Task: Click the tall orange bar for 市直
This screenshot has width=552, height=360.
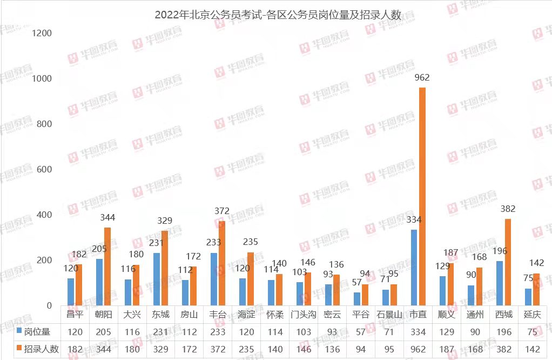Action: [422, 196]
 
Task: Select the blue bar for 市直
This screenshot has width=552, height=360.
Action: [414, 268]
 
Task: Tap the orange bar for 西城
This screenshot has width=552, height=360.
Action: [508, 262]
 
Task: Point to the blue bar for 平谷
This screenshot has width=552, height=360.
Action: [356, 299]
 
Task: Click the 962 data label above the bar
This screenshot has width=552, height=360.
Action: [422, 78]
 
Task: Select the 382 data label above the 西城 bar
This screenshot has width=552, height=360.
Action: [508, 209]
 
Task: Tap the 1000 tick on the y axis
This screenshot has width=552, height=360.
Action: [42, 79]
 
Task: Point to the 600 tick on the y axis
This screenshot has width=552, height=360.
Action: [42, 170]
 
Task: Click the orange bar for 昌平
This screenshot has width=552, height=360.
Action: [79, 285]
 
